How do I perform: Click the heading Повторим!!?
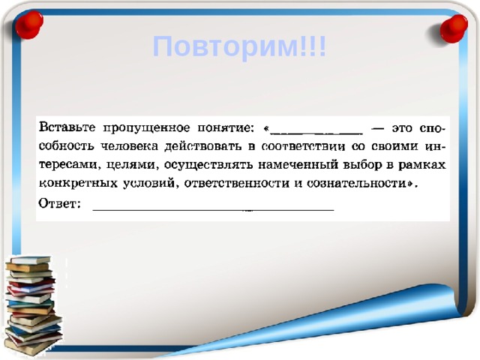(x=239, y=47)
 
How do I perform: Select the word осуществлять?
(x=205, y=163)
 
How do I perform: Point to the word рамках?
(x=423, y=163)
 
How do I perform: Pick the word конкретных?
(x=76, y=183)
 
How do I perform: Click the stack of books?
(x=32, y=304)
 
